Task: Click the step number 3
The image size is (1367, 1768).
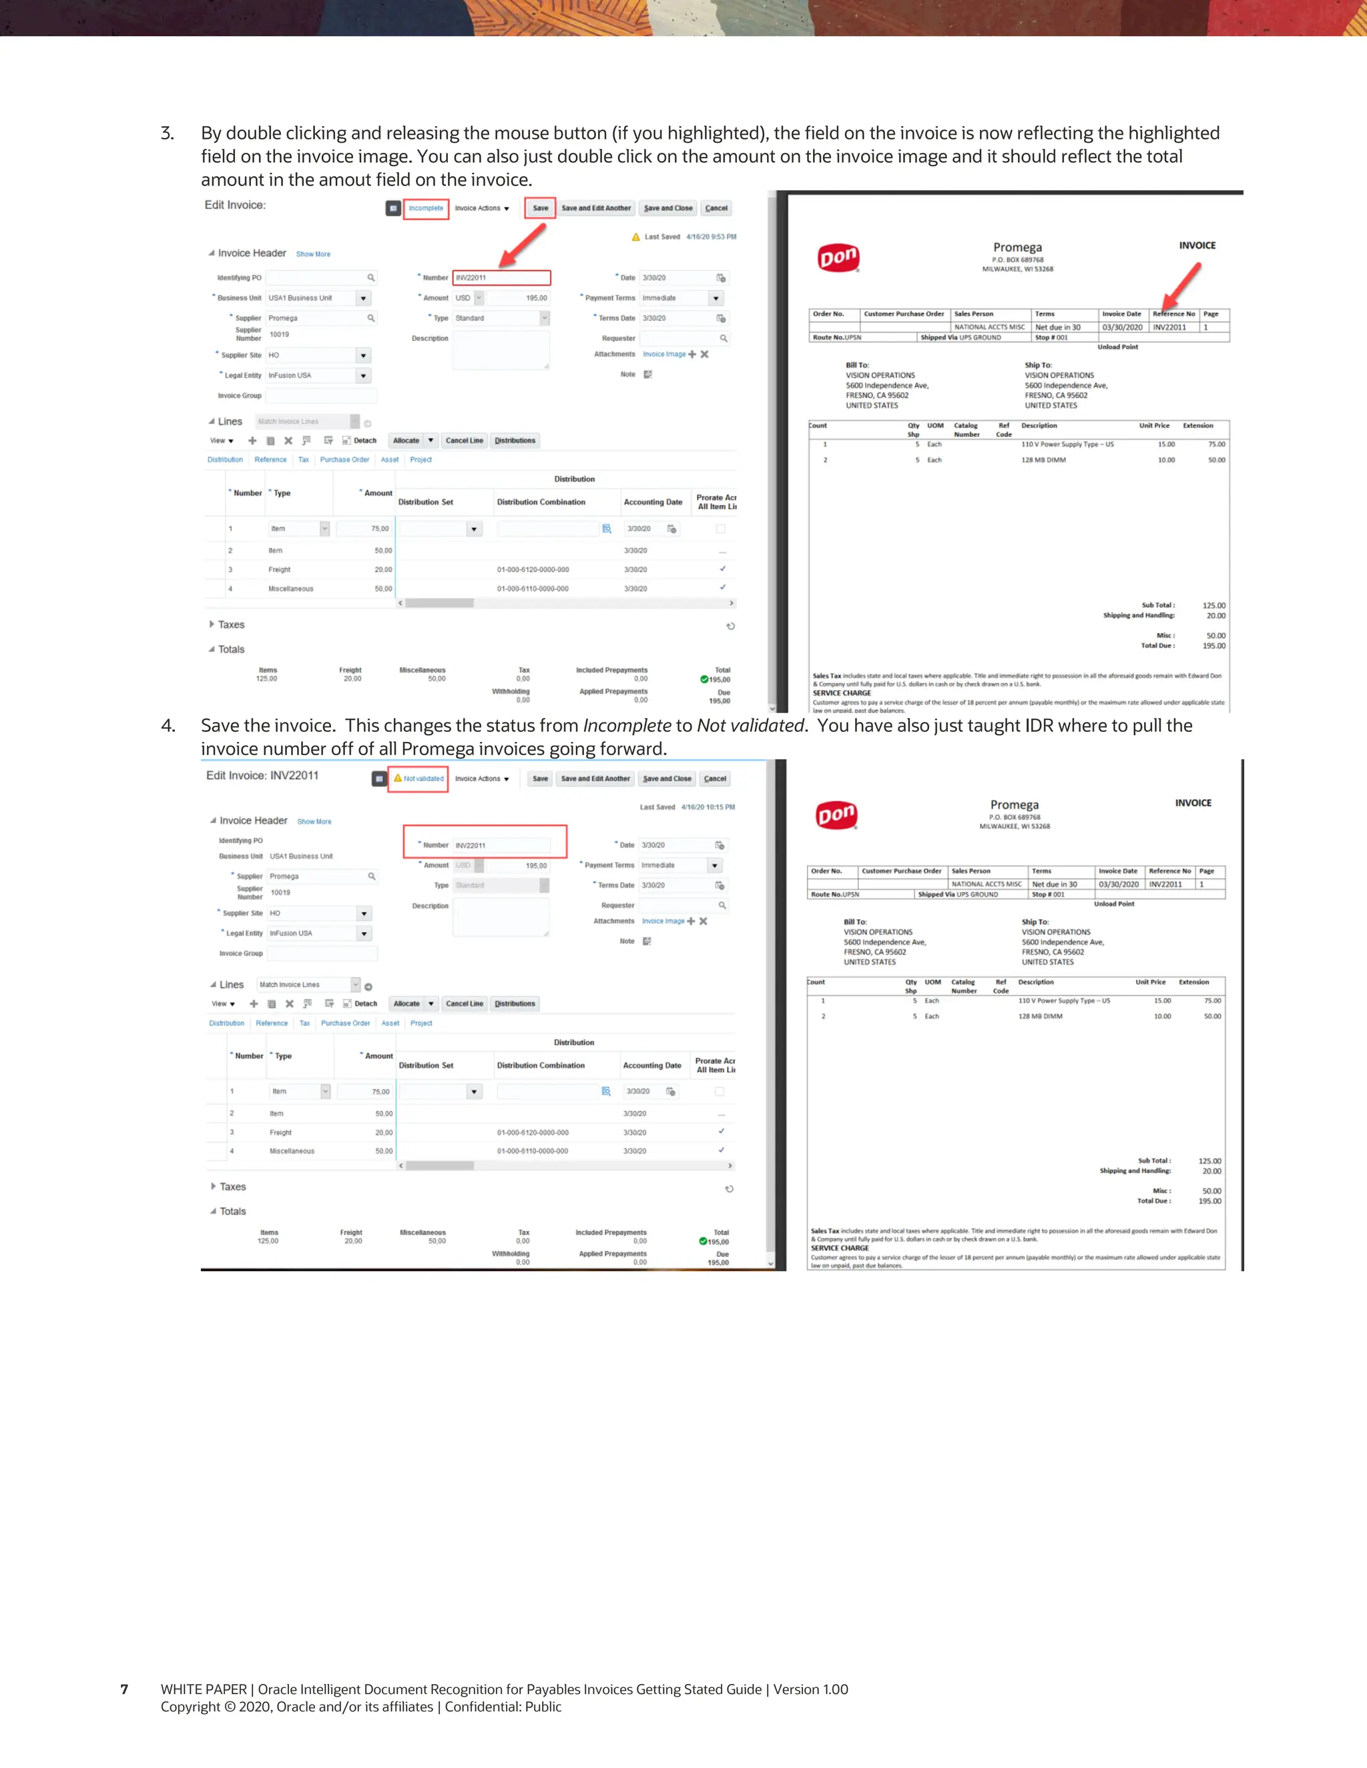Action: coord(167,133)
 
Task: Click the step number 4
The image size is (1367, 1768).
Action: coord(168,726)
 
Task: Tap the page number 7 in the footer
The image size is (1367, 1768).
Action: coord(124,1689)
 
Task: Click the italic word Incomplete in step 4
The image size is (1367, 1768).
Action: coord(627,726)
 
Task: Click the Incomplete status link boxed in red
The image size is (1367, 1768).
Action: coord(426,209)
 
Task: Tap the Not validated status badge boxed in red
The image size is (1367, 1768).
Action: coord(419,779)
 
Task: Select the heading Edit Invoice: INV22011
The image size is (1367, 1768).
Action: coord(262,775)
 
